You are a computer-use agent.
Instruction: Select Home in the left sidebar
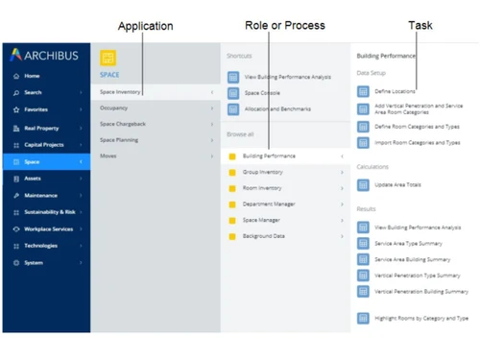[33, 76]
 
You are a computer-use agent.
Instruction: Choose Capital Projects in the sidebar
[44, 145]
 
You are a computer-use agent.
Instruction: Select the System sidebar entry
[34, 262]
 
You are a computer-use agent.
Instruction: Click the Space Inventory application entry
[122, 92]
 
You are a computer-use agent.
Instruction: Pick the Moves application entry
[109, 156]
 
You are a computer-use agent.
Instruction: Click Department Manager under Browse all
[270, 204]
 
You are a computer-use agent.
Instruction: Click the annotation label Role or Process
[284, 25]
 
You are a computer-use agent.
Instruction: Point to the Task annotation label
[420, 25]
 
